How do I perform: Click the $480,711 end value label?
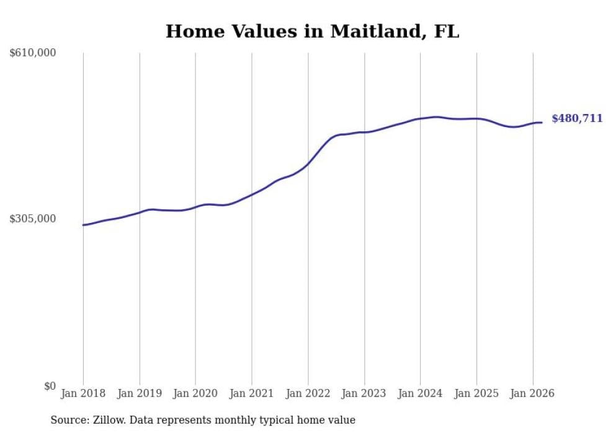coord(577,118)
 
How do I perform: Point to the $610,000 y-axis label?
coord(33,53)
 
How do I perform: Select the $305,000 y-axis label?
coord(33,219)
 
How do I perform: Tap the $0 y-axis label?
coord(50,386)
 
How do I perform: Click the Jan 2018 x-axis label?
coord(83,393)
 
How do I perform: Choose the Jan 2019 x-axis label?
coord(140,393)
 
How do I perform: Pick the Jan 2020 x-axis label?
coord(195,393)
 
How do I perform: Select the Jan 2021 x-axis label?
coord(252,393)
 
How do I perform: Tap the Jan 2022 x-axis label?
coord(308,393)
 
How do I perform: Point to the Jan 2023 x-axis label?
coord(364,393)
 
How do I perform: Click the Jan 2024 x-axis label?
coord(420,393)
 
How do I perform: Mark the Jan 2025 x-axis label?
coord(476,393)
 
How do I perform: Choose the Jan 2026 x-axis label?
coord(532,393)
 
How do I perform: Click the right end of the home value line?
coord(542,123)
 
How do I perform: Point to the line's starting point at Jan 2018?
coord(83,225)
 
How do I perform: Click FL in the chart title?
coord(446,32)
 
